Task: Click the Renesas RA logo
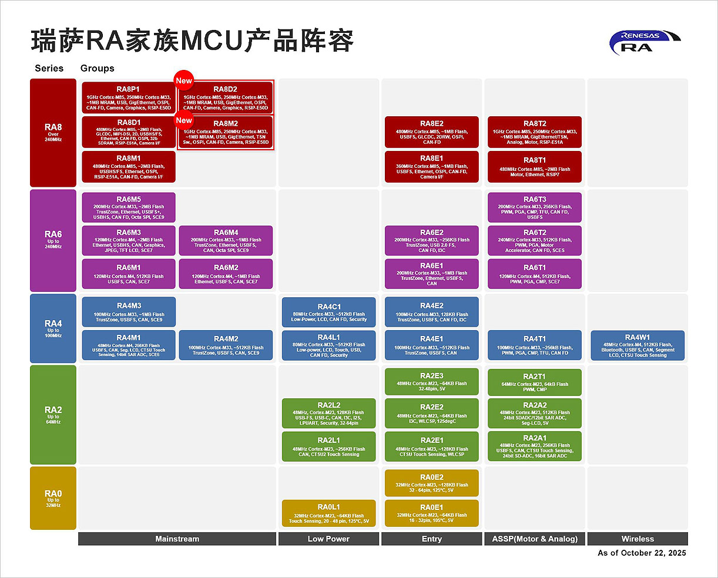click(644, 42)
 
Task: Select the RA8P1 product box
click(129, 98)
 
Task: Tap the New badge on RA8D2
click(184, 81)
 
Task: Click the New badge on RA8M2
click(184, 120)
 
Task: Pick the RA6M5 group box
click(129, 208)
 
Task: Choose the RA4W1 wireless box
click(638, 346)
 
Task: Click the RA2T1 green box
click(535, 382)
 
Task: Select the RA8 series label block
click(53, 133)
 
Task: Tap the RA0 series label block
click(53, 498)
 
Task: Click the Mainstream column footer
click(177, 539)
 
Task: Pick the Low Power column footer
click(328, 539)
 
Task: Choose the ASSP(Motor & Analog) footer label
click(535, 539)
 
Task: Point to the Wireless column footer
click(638, 539)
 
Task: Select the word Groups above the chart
click(97, 68)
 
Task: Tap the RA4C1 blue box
click(329, 312)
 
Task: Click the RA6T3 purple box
click(535, 208)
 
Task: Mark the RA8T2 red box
click(535, 133)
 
